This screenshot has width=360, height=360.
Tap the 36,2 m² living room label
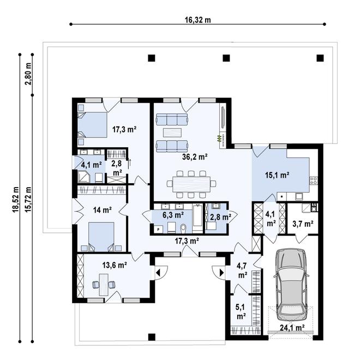pyautogui.click(x=195, y=157)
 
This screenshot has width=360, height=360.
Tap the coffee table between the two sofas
pyautogui.click(x=172, y=131)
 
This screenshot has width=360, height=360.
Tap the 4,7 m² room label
pyautogui.click(x=241, y=270)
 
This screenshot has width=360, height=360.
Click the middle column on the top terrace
pyautogui.click(x=227, y=58)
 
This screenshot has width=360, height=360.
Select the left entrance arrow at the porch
pyautogui.click(x=158, y=271)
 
